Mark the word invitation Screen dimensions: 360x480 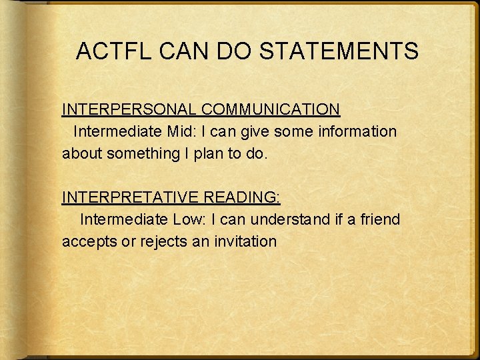point(243,241)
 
